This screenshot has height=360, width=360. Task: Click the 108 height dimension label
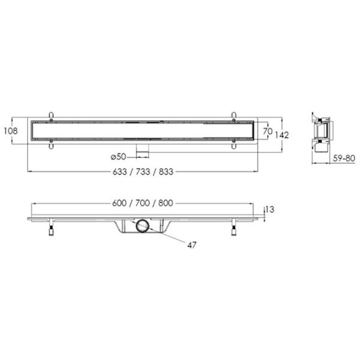[11, 131]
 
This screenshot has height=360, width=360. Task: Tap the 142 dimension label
[282, 135]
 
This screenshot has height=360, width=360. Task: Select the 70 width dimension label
[268, 131]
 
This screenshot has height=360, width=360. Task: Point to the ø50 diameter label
[118, 157]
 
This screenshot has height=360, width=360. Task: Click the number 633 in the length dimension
[119, 172]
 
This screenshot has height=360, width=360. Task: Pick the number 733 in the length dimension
[143, 172]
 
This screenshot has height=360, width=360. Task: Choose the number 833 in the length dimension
[166, 172]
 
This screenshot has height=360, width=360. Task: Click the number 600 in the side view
[119, 203]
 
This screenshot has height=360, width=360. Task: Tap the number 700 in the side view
[143, 203]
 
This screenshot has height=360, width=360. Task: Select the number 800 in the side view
[166, 203]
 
